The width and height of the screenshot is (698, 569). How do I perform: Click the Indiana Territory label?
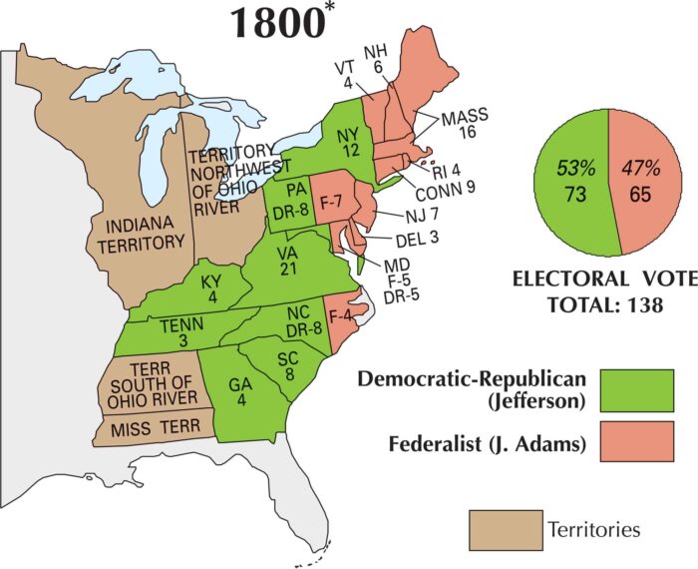click(139, 232)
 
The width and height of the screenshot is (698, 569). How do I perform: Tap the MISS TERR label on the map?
click(148, 428)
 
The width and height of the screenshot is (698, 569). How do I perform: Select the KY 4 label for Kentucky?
click(211, 289)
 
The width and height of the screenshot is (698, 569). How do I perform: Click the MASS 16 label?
click(464, 123)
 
